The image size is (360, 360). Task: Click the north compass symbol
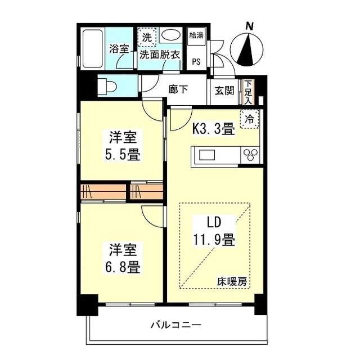point(247,48)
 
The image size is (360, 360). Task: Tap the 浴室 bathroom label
point(119,49)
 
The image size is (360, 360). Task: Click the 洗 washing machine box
point(147,38)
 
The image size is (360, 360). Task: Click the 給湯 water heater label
point(196,36)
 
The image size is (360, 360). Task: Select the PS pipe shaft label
point(196,61)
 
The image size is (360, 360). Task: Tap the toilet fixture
point(107,87)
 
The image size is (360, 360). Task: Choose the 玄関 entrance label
point(224,91)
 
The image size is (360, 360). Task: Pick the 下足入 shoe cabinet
point(248,92)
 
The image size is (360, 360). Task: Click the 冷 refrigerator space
point(249,119)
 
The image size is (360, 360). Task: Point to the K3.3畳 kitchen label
point(214,130)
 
